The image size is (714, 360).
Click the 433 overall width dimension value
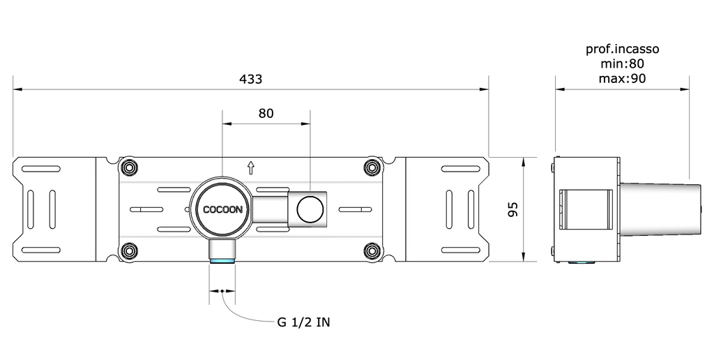(251, 79)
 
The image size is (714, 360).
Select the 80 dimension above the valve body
(266, 113)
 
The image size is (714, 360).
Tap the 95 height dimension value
(512, 209)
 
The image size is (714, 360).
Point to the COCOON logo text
(222, 209)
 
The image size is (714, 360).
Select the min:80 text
(622, 63)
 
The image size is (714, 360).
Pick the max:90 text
(622, 78)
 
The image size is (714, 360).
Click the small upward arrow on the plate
(251, 167)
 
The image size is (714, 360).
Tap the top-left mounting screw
(128, 167)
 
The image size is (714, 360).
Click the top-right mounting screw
(373, 167)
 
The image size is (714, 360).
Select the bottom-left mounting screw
(128, 250)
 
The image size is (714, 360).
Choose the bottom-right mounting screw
(373, 250)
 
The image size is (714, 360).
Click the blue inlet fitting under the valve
(222, 262)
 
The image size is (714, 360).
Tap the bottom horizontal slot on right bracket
(459, 250)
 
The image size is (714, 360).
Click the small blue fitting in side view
(582, 263)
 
